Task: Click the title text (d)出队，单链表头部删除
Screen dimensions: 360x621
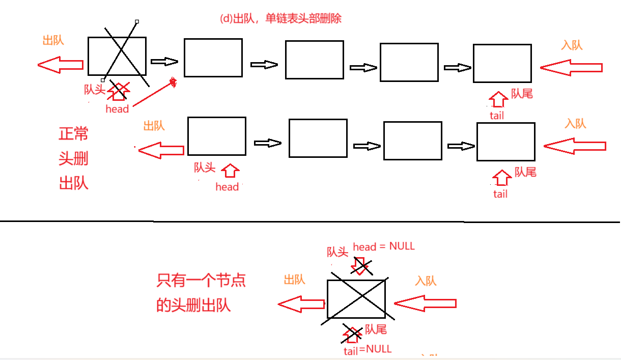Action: pyautogui.click(x=280, y=19)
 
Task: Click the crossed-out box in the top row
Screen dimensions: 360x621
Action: pyautogui.click(x=117, y=56)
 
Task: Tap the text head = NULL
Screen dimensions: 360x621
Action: pyautogui.click(x=384, y=246)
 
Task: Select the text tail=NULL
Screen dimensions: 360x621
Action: pyautogui.click(x=368, y=349)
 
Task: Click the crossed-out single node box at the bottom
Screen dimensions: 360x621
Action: pyautogui.click(x=356, y=299)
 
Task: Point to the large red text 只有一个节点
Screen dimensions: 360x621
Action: pyautogui.click(x=201, y=280)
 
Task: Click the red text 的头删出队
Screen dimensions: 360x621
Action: pyautogui.click(x=193, y=305)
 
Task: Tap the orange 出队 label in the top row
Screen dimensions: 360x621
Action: pyautogui.click(x=53, y=41)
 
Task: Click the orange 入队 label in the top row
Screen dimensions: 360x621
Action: pyautogui.click(x=572, y=45)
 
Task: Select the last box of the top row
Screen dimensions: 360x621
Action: pyautogui.click(x=502, y=63)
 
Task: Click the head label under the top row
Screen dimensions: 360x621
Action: pyautogui.click(x=117, y=108)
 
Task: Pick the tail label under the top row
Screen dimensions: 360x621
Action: pyautogui.click(x=496, y=116)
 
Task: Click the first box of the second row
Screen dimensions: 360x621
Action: pyautogui.click(x=216, y=136)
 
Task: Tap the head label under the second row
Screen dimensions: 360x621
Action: pyautogui.click(x=227, y=187)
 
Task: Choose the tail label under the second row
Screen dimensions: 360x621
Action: pyautogui.click(x=500, y=194)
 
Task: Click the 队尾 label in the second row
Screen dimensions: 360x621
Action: pyautogui.click(x=525, y=172)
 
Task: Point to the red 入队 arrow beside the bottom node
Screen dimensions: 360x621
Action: pyautogui.click(x=425, y=304)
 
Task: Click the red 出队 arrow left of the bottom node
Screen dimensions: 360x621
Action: pyautogui.click(x=301, y=304)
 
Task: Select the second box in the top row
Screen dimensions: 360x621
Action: pyautogui.click(x=213, y=58)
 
